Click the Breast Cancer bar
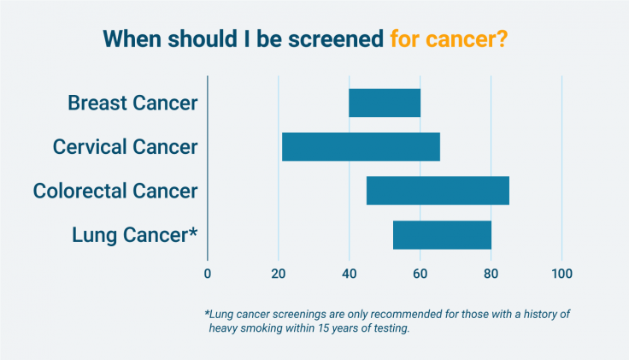(x=385, y=103)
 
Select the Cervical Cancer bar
(x=361, y=147)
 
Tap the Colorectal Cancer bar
(x=438, y=191)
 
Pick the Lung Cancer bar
(x=442, y=234)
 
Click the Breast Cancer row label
(x=132, y=103)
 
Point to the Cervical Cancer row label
(x=125, y=147)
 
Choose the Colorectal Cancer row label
(x=115, y=191)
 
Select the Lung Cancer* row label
(x=133, y=234)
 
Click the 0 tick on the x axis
(x=208, y=274)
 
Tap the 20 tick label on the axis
(x=279, y=274)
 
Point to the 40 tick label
(x=350, y=274)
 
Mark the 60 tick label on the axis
(x=420, y=274)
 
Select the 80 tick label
(x=491, y=274)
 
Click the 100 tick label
(x=561, y=274)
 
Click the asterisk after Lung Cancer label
(x=193, y=231)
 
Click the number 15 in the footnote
(x=341, y=329)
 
